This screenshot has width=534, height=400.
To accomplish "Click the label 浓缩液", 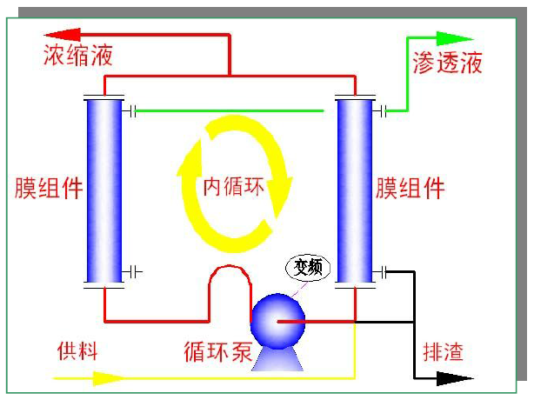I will click(x=77, y=58).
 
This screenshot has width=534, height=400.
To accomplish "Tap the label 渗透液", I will click(x=447, y=63).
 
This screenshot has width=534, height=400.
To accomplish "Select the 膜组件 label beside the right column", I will click(x=411, y=189).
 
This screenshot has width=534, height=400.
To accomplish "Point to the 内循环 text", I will click(x=234, y=186).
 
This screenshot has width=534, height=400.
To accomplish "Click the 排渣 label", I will click(x=443, y=352).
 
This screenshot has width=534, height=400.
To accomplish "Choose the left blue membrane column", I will click(x=104, y=190).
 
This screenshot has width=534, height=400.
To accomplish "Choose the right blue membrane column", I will click(x=355, y=190).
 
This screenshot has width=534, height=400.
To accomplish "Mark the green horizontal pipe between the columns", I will click(x=235, y=110).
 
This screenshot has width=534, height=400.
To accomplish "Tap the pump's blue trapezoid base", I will click(x=277, y=360).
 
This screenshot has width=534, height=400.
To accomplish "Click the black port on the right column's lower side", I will click(x=384, y=272).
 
